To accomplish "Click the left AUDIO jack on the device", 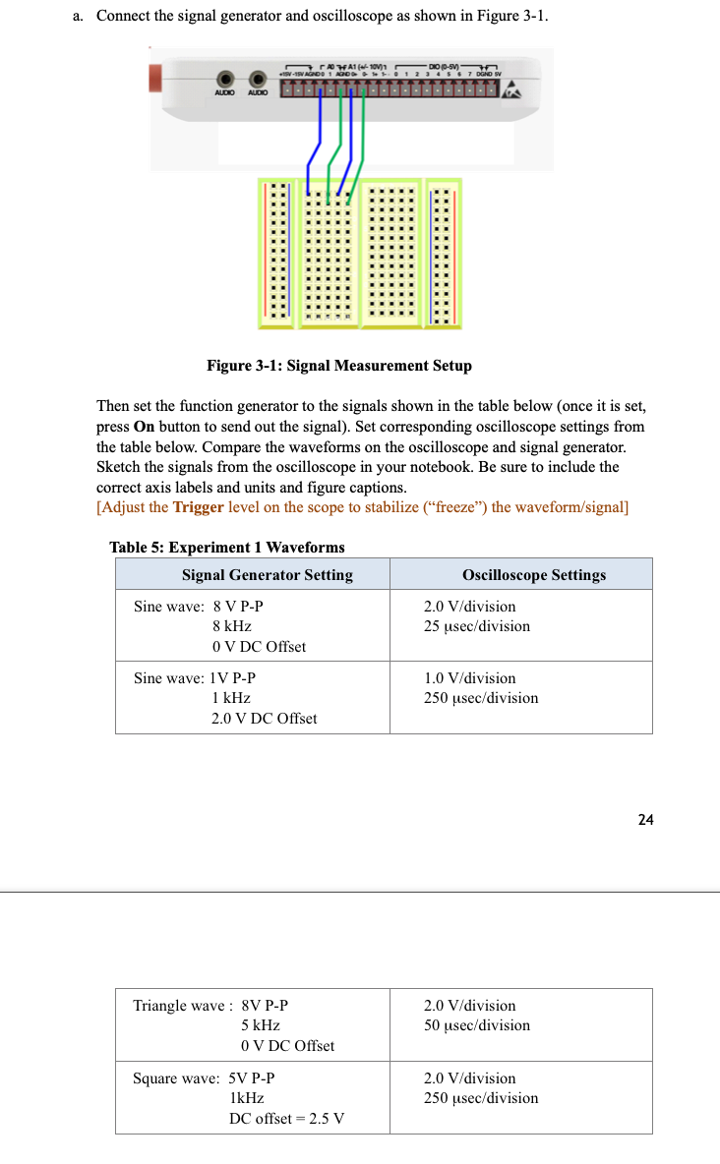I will tap(226, 80).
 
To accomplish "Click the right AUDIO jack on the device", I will tap(258, 80).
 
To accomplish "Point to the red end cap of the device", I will tap(154, 79).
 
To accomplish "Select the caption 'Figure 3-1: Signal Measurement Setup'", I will tap(338, 366).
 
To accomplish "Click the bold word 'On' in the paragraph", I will tap(144, 427).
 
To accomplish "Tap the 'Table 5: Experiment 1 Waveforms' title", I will tap(226, 548).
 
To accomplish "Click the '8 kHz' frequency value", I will tap(232, 626).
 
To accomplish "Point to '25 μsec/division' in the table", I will tap(477, 626).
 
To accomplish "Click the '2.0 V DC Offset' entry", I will tap(264, 719).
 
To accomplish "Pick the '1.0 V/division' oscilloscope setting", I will tap(470, 678).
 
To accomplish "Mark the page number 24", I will tap(644, 820).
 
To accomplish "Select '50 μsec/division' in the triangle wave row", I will tap(477, 1025).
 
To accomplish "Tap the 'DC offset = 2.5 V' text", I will tap(286, 1119).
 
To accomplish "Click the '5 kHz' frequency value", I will tap(261, 1025).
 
